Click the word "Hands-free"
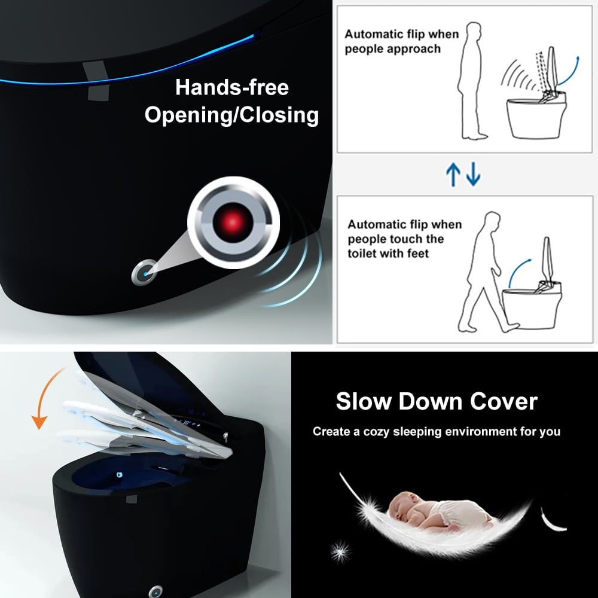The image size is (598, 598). pos(232,87)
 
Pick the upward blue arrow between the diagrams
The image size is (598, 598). pos(453,175)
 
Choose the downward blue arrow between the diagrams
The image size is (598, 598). pos(473,175)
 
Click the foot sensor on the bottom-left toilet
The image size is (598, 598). pos(155,590)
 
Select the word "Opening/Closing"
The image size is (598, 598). pos(232,115)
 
